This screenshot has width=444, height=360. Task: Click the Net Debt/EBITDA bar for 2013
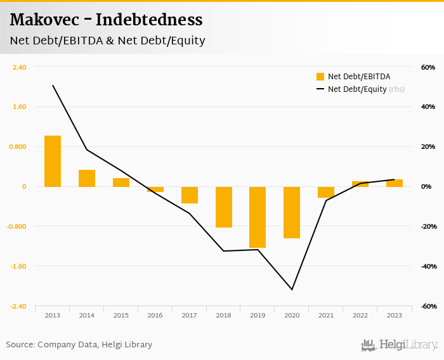coord(53,161)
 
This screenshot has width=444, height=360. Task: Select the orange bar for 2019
coord(258,217)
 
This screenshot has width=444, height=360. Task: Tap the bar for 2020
coord(292,212)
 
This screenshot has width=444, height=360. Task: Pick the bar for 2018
coord(223,207)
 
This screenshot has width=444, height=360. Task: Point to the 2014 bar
coord(87,178)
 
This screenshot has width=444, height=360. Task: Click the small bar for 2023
coord(395,183)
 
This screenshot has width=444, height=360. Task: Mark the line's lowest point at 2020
coord(292,290)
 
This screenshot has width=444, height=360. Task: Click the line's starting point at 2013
coord(53,86)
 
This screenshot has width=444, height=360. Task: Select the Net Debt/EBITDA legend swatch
coord(320,77)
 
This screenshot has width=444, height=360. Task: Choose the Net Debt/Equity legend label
coord(357,89)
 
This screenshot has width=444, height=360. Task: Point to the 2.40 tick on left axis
coord(19,67)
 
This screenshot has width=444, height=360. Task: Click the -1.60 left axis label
coord(18,266)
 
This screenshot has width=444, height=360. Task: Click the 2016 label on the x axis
coord(155,315)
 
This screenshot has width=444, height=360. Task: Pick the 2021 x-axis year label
coord(326,315)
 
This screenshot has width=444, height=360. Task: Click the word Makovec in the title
coord(44,20)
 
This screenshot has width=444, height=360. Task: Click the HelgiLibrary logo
coord(399,345)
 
